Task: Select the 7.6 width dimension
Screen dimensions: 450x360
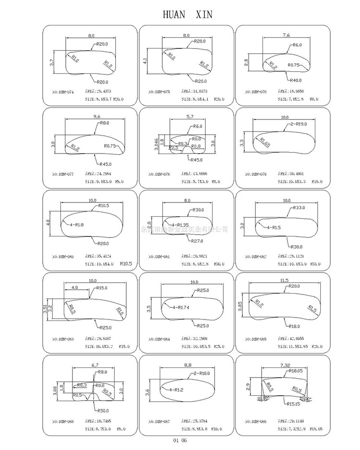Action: click(287, 35)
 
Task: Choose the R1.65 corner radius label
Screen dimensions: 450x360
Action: click(265, 142)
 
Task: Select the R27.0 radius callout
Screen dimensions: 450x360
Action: click(197, 241)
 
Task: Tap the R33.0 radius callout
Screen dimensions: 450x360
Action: click(300, 208)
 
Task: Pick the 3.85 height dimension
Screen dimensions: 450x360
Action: click(240, 305)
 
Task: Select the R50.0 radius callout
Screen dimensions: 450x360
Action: click(103, 411)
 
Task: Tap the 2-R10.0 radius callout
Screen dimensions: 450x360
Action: click(202, 373)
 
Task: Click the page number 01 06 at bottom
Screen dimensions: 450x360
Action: click(180, 439)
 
